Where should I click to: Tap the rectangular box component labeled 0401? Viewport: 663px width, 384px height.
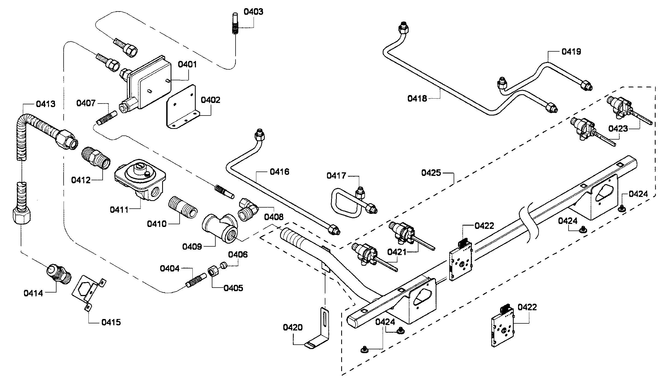click(x=150, y=82)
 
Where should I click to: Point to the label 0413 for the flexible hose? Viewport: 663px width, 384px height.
click(x=45, y=104)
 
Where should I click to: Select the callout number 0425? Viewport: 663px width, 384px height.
click(x=431, y=173)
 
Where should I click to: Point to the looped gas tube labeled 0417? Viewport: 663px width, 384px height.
click(x=347, y=205)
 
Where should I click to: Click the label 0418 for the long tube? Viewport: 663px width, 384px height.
click(x=417, y=98)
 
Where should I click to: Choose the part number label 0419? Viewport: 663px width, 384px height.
click(x=571, y=52)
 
